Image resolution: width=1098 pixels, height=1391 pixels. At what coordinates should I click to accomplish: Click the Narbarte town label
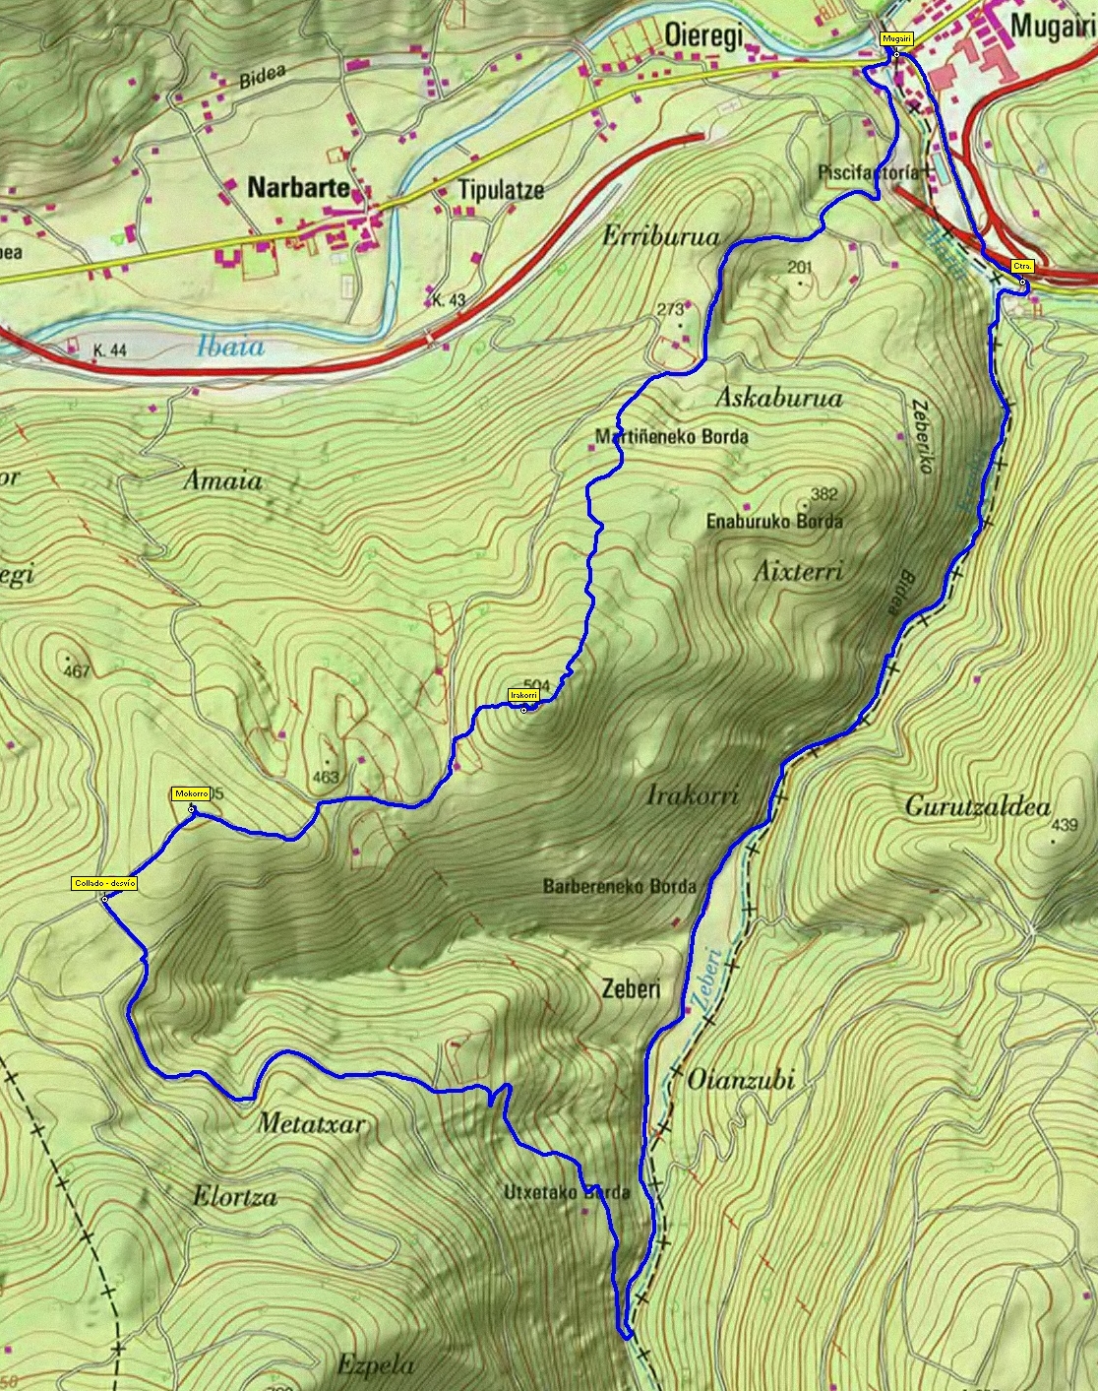(298, 188)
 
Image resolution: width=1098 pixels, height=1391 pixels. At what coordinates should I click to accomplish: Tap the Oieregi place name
(702, 34)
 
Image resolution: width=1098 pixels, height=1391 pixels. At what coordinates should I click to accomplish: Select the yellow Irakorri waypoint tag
(523, 695)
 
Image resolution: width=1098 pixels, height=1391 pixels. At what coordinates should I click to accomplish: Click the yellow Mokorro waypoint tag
(190, 793)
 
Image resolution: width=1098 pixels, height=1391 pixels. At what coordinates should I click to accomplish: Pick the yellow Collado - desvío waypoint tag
(103, 884)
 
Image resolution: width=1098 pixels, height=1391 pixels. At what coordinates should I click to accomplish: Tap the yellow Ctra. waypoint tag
(1022, 267)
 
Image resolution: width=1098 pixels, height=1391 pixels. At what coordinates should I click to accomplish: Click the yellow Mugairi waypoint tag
(896, 38)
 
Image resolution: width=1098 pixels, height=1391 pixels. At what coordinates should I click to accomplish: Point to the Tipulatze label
(501, 190)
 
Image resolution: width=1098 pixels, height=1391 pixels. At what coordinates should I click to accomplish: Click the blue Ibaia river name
(230, 346)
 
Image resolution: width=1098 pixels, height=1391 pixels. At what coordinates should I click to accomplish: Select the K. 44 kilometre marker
(111, 350)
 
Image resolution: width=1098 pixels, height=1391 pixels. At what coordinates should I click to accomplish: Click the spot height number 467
(76, 672)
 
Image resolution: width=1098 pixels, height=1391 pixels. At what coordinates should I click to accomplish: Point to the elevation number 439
(1065, 826)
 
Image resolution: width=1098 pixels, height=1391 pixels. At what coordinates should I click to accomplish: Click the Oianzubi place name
(740, 1080)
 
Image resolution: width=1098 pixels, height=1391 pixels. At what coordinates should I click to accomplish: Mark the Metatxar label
(311, 1123)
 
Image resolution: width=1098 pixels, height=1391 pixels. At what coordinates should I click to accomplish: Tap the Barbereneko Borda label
(619, 886)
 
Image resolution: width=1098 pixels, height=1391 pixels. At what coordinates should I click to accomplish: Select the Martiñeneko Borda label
(671, 436)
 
